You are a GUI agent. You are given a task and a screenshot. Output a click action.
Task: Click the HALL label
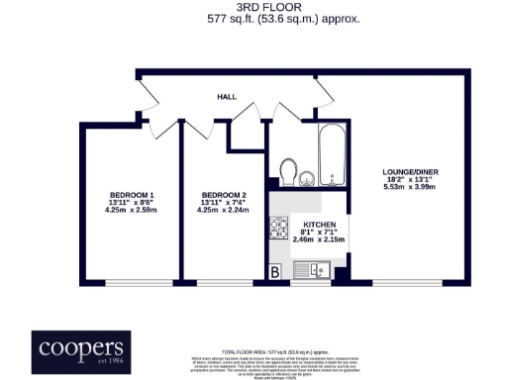click(x=227, y=97)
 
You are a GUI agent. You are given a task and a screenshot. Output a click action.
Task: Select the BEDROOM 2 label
click(x=224, y=194)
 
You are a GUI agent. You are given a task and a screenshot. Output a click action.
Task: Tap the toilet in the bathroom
click(x=289, y=172)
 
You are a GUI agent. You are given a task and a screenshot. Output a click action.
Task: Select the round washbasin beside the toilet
click(x=307, y=178)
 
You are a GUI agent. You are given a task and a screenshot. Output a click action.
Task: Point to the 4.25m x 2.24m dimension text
click(x=224, y=210)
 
